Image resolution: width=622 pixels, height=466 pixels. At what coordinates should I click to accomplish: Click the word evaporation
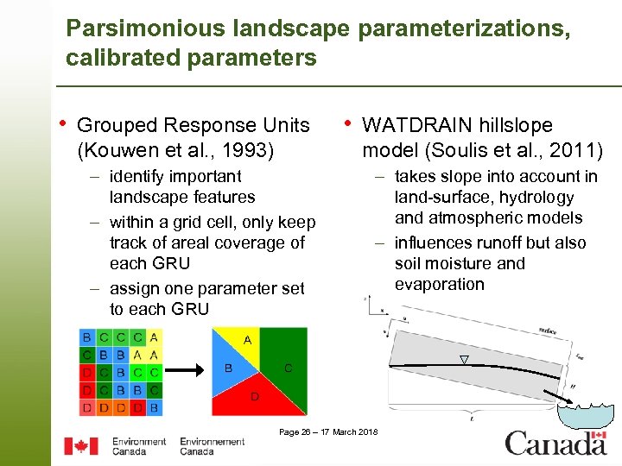pos(439,285)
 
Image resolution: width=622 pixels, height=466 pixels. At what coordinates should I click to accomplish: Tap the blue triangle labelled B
pos(230,369)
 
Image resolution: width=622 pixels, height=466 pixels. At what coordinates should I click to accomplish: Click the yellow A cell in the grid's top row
pos(154,337)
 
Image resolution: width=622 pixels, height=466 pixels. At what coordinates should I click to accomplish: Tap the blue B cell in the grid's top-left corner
pos(86,337)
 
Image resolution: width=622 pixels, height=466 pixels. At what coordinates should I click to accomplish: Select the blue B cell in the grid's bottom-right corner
pos(154,407)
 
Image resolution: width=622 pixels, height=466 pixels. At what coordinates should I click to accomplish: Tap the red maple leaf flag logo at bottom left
pos(82,446)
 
